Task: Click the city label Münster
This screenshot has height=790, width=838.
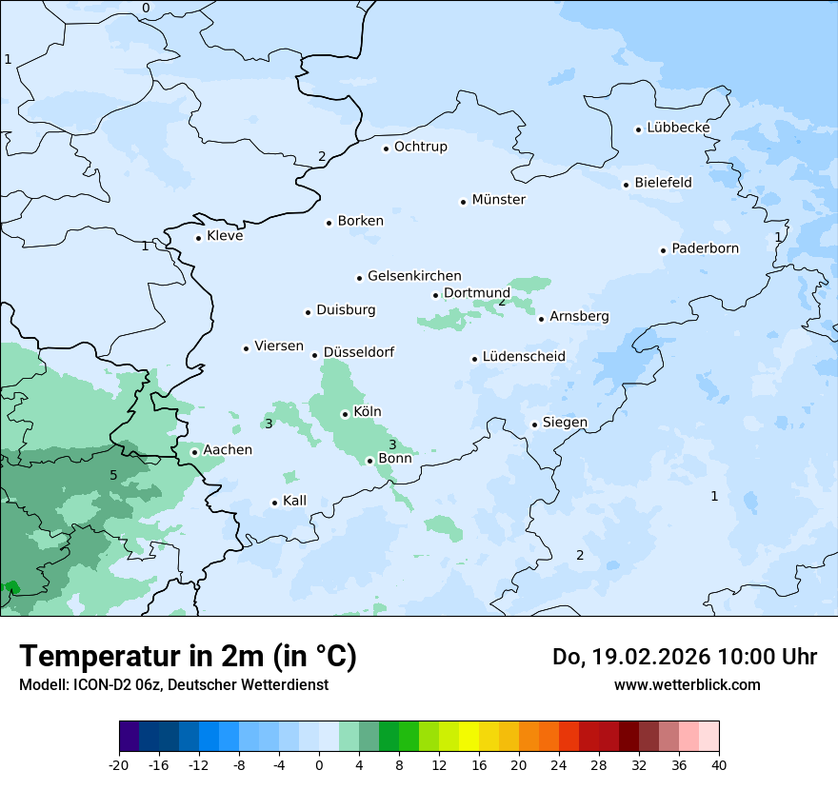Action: coord(498,200)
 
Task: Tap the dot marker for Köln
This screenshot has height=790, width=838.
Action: coord(345,414)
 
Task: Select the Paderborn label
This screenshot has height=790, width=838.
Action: coord(705,248)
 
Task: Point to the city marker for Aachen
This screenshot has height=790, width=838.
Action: coord(194,452)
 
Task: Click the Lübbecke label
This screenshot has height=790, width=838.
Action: coord(678,128)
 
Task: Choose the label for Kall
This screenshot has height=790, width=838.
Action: coord(294,501)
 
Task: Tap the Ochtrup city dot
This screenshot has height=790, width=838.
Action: coord(387,148)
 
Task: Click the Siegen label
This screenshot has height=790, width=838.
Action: coord(565,423)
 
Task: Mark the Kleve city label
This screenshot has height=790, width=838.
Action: coord(225,236)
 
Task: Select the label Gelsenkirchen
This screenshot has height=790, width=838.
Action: coord(414,276)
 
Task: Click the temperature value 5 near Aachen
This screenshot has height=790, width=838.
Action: coord(113,475)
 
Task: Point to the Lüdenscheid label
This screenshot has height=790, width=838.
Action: coord(524,357)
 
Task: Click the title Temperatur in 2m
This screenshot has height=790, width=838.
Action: coord(188,656)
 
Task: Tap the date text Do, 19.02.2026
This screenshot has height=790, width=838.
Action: coord(628,657)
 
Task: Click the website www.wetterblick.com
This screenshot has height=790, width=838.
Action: coord(687,684)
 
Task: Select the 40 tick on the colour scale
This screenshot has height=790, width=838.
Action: coord(718,764)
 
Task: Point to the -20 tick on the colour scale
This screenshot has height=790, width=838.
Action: coord(119,764)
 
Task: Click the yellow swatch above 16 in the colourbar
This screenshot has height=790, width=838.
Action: coord(469,737)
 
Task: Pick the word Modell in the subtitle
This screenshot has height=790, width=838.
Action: coord(43,684)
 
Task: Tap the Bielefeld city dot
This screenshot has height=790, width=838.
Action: coord(626,185)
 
